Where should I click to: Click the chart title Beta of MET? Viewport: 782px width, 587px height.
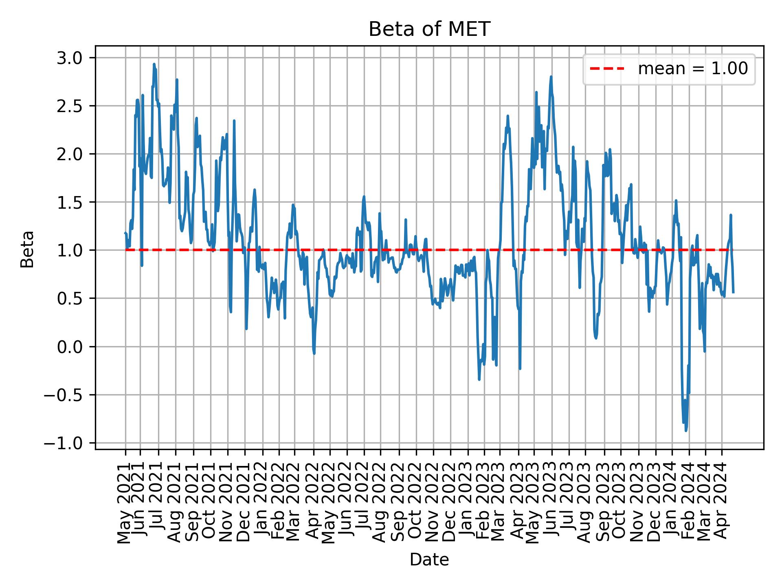pos(429,29)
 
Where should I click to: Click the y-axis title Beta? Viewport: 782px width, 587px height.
pos(27,249)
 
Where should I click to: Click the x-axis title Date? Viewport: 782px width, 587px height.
pos(429,560)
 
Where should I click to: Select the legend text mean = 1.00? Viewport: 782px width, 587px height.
pos(692,69)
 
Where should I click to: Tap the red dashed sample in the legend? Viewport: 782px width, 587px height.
pos(607,69)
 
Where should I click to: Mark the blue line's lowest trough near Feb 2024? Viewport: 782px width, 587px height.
pos(686,430)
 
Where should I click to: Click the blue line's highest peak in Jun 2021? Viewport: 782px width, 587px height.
pos(154,64)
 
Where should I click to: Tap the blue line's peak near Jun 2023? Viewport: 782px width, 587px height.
pos(551,77)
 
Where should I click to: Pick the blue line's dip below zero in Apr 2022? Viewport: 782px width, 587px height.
pos(314,353)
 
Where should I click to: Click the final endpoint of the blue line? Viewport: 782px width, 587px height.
pos(733,292)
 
